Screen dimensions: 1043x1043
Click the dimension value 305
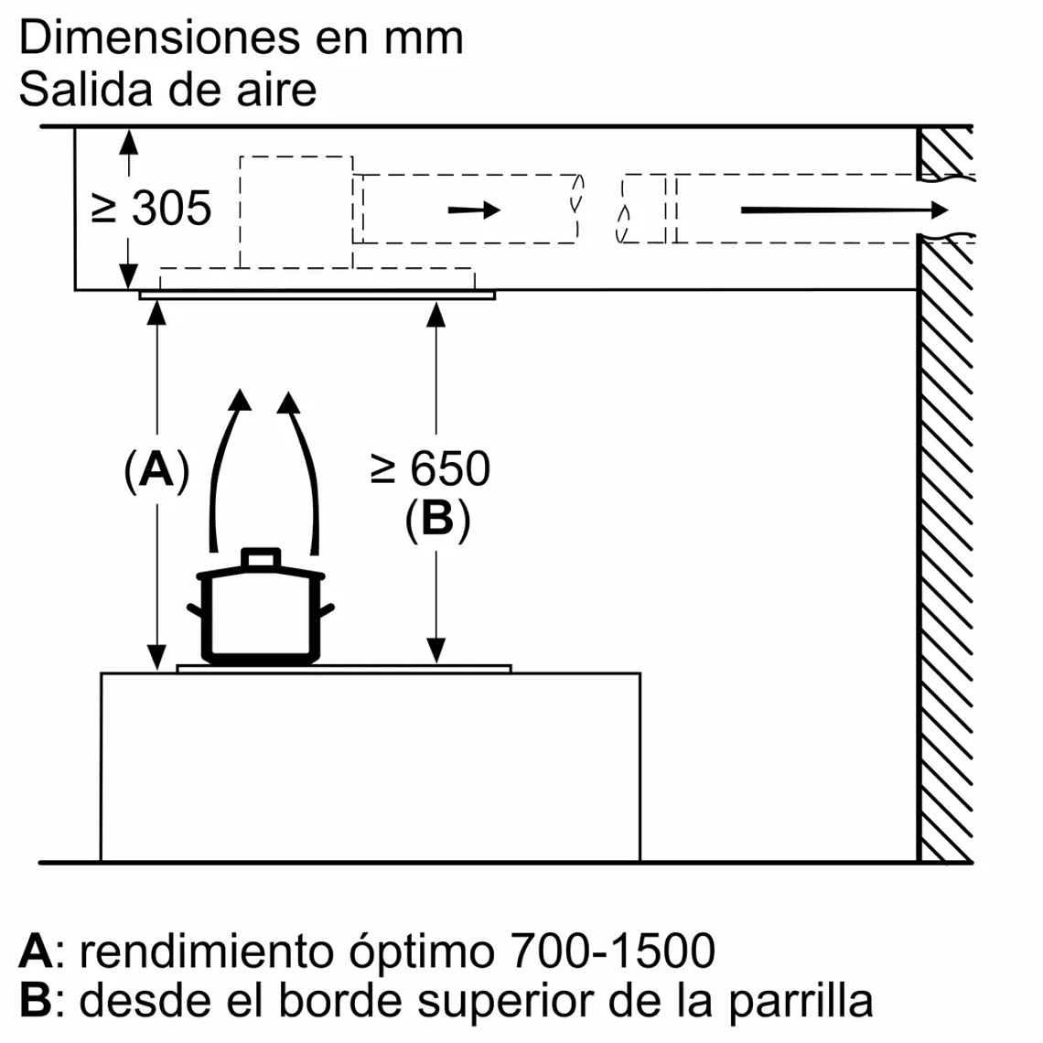tap(172, 209)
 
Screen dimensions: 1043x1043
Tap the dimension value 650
tap(449, 468)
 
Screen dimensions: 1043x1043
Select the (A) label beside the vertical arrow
tap(156, 470)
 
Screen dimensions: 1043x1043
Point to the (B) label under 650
tap(437, 520)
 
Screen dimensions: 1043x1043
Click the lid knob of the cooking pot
tap(261, 558)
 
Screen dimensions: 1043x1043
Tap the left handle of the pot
tap(194, 609)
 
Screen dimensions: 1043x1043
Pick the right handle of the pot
tap(328, 609)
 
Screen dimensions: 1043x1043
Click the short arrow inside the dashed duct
tap(474, 210)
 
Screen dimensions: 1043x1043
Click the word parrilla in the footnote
tap(801, 1000)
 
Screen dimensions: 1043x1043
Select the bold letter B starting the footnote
tap(35, 1000)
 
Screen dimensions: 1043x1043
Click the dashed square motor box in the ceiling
tap(296, 210)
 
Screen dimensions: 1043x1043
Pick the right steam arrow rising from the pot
tap(306, 467)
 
